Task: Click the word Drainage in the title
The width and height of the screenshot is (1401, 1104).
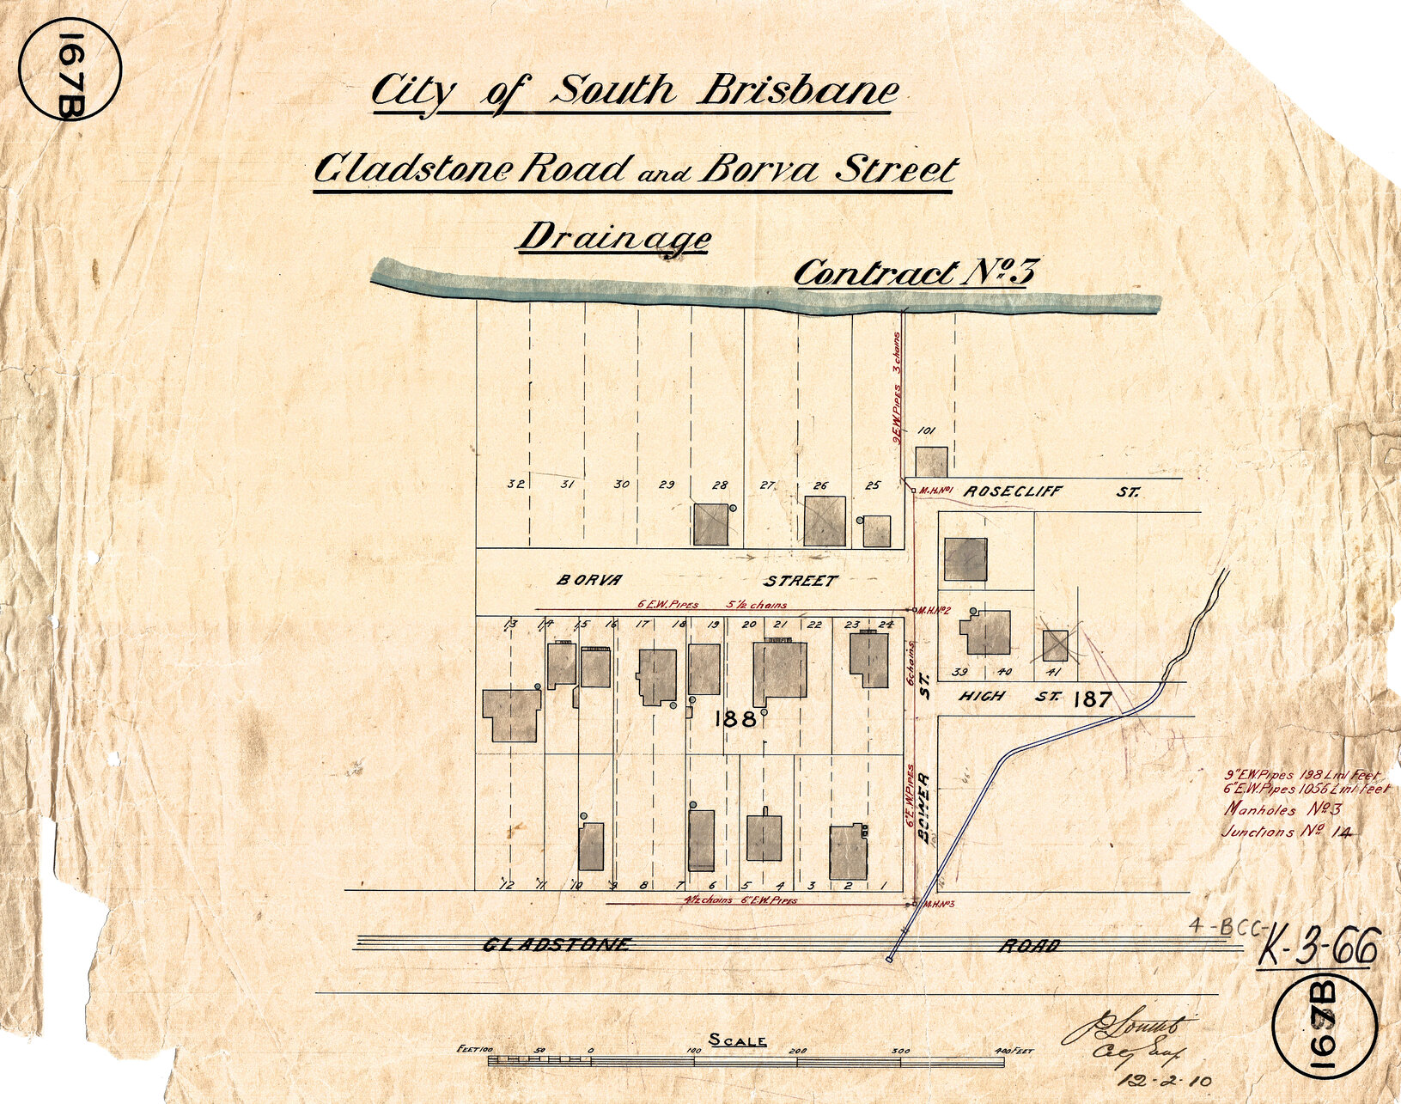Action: click(613, 238)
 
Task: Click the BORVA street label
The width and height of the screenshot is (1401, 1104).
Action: click(588, 581)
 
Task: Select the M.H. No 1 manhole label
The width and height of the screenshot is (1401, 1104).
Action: click(936, 491)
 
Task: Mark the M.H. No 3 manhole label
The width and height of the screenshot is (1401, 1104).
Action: click(938, 905)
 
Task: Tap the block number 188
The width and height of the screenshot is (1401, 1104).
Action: click(734, 719)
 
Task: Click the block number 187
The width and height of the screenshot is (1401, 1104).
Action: click(1093, 699)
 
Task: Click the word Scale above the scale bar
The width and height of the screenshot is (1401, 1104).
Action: click(737, 1041)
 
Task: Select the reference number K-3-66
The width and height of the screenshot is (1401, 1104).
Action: click(1318, 950)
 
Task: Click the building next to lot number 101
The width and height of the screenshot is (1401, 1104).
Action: click(930, 461)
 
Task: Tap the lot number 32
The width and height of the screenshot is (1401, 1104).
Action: click(515, 485)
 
